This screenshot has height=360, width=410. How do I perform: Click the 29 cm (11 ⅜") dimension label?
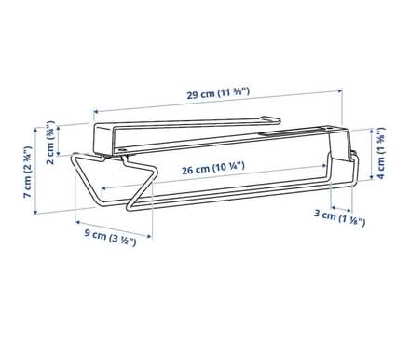218,93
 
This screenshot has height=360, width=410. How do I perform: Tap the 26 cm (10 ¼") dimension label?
213,168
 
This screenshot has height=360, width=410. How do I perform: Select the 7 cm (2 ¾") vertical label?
28,172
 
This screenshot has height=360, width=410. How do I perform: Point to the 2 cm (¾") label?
50,143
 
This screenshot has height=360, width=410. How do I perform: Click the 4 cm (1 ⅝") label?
381,153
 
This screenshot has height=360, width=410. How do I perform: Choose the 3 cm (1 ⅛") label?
339,217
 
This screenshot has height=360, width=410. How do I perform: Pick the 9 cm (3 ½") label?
111,238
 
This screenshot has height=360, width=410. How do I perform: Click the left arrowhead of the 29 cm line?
96,111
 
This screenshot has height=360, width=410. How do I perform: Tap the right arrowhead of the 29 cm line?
340,90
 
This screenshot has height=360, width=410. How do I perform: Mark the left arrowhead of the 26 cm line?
104,188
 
